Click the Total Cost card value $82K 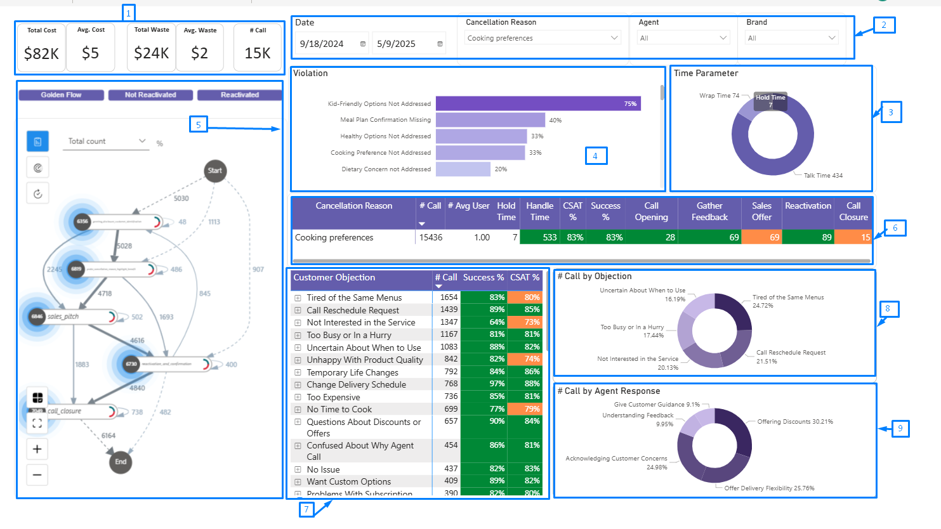click(x=41, y=54)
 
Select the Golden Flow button click(x=62, y=95)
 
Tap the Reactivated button click(x=239, y=95)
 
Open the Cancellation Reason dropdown click(x=543, y=38)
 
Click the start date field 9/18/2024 click(x=332, y=44)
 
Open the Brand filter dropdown click(x=791, y=38)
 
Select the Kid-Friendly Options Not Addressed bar click(x=537, y=103)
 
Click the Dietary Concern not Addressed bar click(x=463, y=169)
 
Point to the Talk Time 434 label click(x=823, y=176)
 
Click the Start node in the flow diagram click(x=215, y=171)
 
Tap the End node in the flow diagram click(x=121, y=462)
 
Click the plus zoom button click(x=37, y=449)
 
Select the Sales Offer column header click(x=761, y=211)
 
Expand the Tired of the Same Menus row click(x=298, y=297)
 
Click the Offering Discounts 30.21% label click(x=794, y=422)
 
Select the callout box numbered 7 click(x=306, y=509)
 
